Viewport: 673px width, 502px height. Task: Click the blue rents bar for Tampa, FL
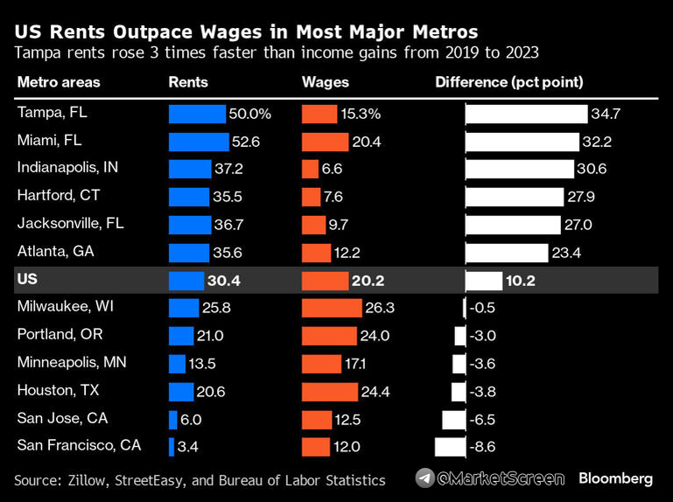click(197, 114)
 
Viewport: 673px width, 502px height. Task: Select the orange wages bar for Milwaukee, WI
click(331, 308)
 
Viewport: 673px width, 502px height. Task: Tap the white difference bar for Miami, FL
click(522, 142)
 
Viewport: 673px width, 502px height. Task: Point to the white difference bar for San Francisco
click(450, 447)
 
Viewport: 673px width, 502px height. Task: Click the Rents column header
click(188, 83)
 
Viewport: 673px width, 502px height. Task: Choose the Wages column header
click(325, 83)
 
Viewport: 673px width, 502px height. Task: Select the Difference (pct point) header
click(509, 83)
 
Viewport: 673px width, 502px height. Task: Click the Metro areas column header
click(59, 83)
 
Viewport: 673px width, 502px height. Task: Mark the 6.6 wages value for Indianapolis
click(333, 170)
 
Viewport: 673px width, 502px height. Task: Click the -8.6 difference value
click(484, 447)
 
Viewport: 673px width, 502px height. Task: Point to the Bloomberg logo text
click(615, 478)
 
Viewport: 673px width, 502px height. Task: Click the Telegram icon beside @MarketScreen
click(425, 478)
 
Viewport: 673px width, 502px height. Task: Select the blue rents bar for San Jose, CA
click(173, 419)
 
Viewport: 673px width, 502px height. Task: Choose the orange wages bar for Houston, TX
click(329, 392)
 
